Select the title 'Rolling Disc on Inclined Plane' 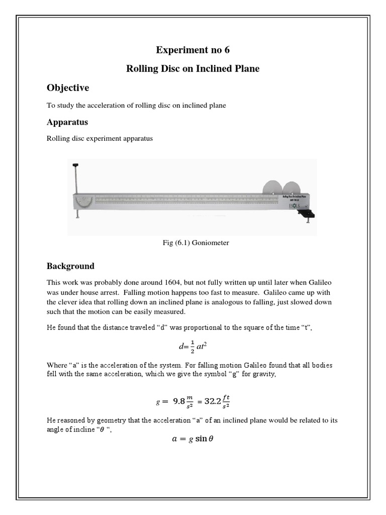point(193,68)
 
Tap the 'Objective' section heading point(68,88)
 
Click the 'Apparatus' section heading point(67,122)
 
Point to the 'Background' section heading point(70,266)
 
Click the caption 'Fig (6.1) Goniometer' point(193,242)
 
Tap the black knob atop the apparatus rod point(76,165)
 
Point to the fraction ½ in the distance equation point(185,347)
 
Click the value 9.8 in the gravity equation point(179,401)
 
